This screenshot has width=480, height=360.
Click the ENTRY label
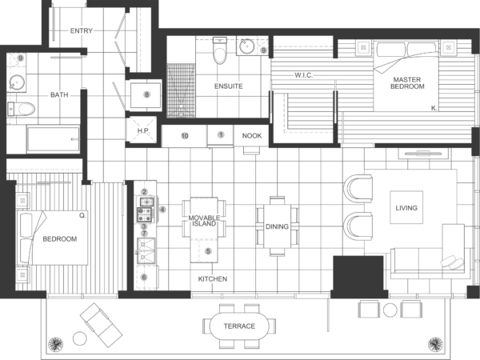pos(81,30)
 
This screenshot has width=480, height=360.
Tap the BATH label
pos(59,94)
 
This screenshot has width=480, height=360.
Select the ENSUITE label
pos(230,86)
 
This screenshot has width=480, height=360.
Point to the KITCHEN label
pos(212,278)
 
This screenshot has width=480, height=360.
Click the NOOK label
pos(252,136)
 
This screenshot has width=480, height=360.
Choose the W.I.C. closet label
pos(303,75)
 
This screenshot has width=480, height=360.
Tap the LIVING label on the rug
pos(406,208)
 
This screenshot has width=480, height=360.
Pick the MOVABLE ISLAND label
pos(203,221)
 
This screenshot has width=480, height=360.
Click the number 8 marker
pos(146,94)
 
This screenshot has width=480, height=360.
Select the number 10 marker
pos(185,136)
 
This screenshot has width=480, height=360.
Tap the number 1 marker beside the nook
pos(221,134)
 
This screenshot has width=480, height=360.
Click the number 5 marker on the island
pos(208,251)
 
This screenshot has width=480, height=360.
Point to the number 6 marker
pos(144,278)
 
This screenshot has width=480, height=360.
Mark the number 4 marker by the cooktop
pos(162,210)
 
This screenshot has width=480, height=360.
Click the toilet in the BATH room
pos(25,109)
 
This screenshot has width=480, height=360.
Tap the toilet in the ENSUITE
pos(220,53)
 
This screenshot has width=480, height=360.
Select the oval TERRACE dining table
pos(239,326)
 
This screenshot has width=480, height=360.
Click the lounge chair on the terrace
pos(100,322)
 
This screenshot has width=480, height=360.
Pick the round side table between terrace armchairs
pos(390,310)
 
